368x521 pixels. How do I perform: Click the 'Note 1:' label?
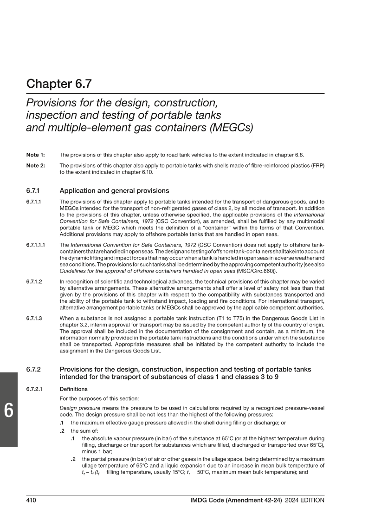(x=35, y=155)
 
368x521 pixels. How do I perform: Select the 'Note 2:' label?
(x=35, y=165)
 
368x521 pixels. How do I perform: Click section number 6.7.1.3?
(x=34, y=318)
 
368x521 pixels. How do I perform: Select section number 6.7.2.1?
(x=34, y=389)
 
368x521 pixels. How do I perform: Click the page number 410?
(x=32, y=500)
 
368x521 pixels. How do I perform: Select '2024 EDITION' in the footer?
(x=305, y=500)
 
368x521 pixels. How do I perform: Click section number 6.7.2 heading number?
(x=34, y=369)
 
